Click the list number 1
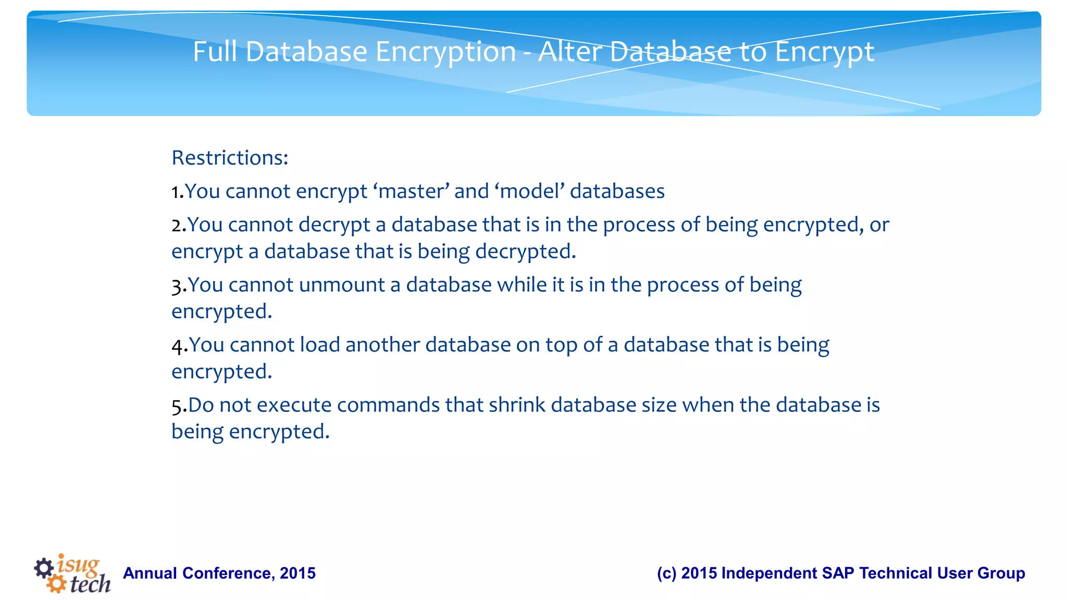[176, 192]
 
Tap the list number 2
[177, 225]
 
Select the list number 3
[177, 286]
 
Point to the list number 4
[178, 346]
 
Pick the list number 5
[177, 406]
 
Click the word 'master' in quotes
[411, 191]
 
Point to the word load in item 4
[320, 345]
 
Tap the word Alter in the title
[570, 52]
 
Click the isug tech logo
[72, 573]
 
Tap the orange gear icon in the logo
[56, 584]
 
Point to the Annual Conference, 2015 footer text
[219, 573]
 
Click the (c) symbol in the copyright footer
[666, 573]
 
